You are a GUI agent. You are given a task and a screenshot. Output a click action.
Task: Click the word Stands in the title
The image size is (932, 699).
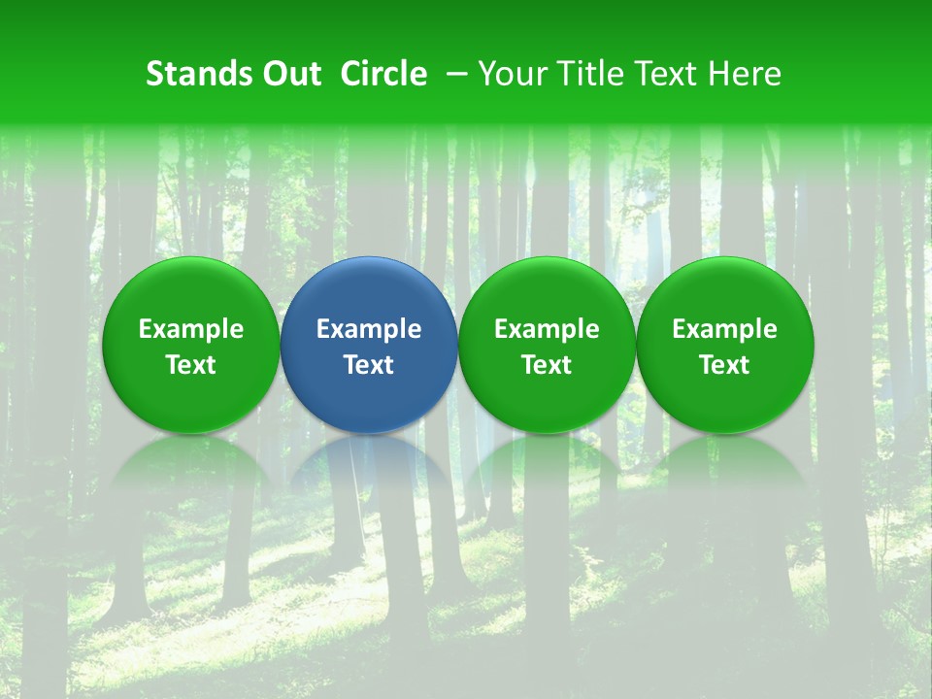tap(198, 74)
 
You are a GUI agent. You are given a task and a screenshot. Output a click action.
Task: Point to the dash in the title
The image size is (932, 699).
tap(452, 74)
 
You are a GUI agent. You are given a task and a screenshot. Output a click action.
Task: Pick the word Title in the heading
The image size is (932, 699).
tap(584, 74)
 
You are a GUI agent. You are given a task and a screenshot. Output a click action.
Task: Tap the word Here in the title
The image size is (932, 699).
tap(745, 74)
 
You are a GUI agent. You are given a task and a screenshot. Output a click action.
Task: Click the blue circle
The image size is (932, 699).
tap(369, 291)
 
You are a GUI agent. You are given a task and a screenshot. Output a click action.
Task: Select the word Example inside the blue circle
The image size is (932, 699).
tap(369, 330)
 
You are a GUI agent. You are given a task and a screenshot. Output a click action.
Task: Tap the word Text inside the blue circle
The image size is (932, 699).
tap(369, 365)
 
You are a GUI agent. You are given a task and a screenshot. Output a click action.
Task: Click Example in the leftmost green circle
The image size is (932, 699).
tap(191, 330)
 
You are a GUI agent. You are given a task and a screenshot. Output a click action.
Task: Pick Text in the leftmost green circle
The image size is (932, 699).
tap(191, 365)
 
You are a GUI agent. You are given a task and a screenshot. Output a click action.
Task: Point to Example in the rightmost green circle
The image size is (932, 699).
tap(725, 330)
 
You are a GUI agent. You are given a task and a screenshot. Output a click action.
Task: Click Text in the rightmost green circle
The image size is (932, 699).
tap(725, 365)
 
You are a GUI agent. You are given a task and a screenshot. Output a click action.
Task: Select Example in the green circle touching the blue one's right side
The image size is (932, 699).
tap(547, 330)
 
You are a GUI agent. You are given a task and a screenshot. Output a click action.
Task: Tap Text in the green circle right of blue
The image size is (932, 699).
tap(547, 365)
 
